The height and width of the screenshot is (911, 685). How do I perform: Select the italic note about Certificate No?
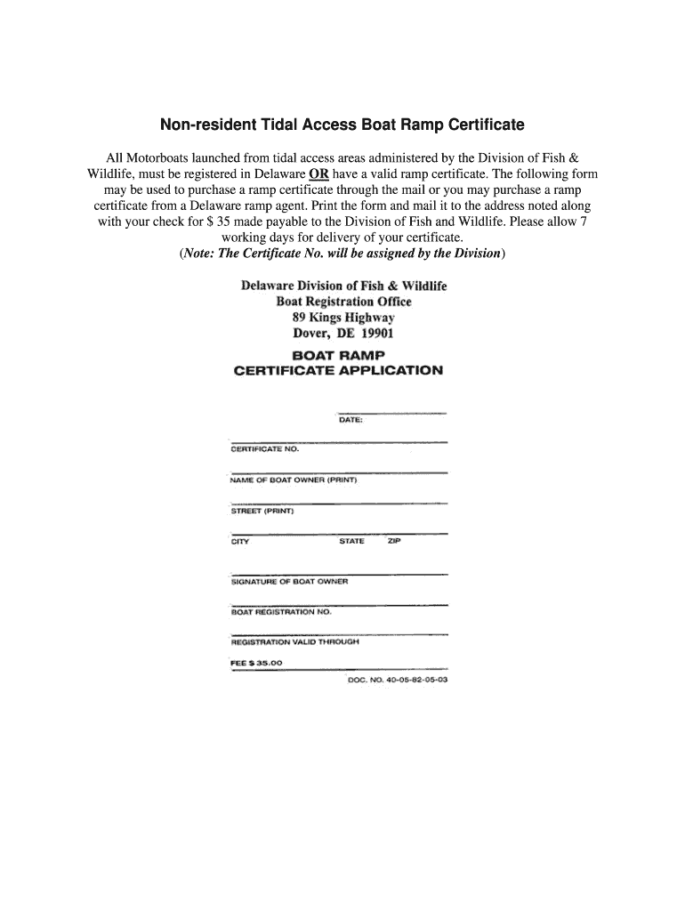[342, 254]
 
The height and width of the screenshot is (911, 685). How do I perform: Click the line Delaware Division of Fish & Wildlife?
[343, 286]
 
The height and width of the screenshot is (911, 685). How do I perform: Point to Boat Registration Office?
[343, 302]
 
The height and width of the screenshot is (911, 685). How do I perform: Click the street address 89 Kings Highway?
[343, 318]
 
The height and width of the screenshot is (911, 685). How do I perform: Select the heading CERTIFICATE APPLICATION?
[337, 370]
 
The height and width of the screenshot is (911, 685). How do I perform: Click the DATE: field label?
[351, 420]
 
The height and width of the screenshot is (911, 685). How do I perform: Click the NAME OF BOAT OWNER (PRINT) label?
[294, 480]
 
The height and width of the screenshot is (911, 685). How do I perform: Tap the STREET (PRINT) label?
[262, 511]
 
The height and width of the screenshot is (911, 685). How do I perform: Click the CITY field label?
[240, 542]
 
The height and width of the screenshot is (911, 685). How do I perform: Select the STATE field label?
[351, 542]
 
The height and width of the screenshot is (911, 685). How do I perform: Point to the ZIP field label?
[394, 542]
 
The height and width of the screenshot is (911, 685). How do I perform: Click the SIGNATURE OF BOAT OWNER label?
[289, 582]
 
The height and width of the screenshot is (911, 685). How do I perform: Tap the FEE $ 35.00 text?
[256, 663]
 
